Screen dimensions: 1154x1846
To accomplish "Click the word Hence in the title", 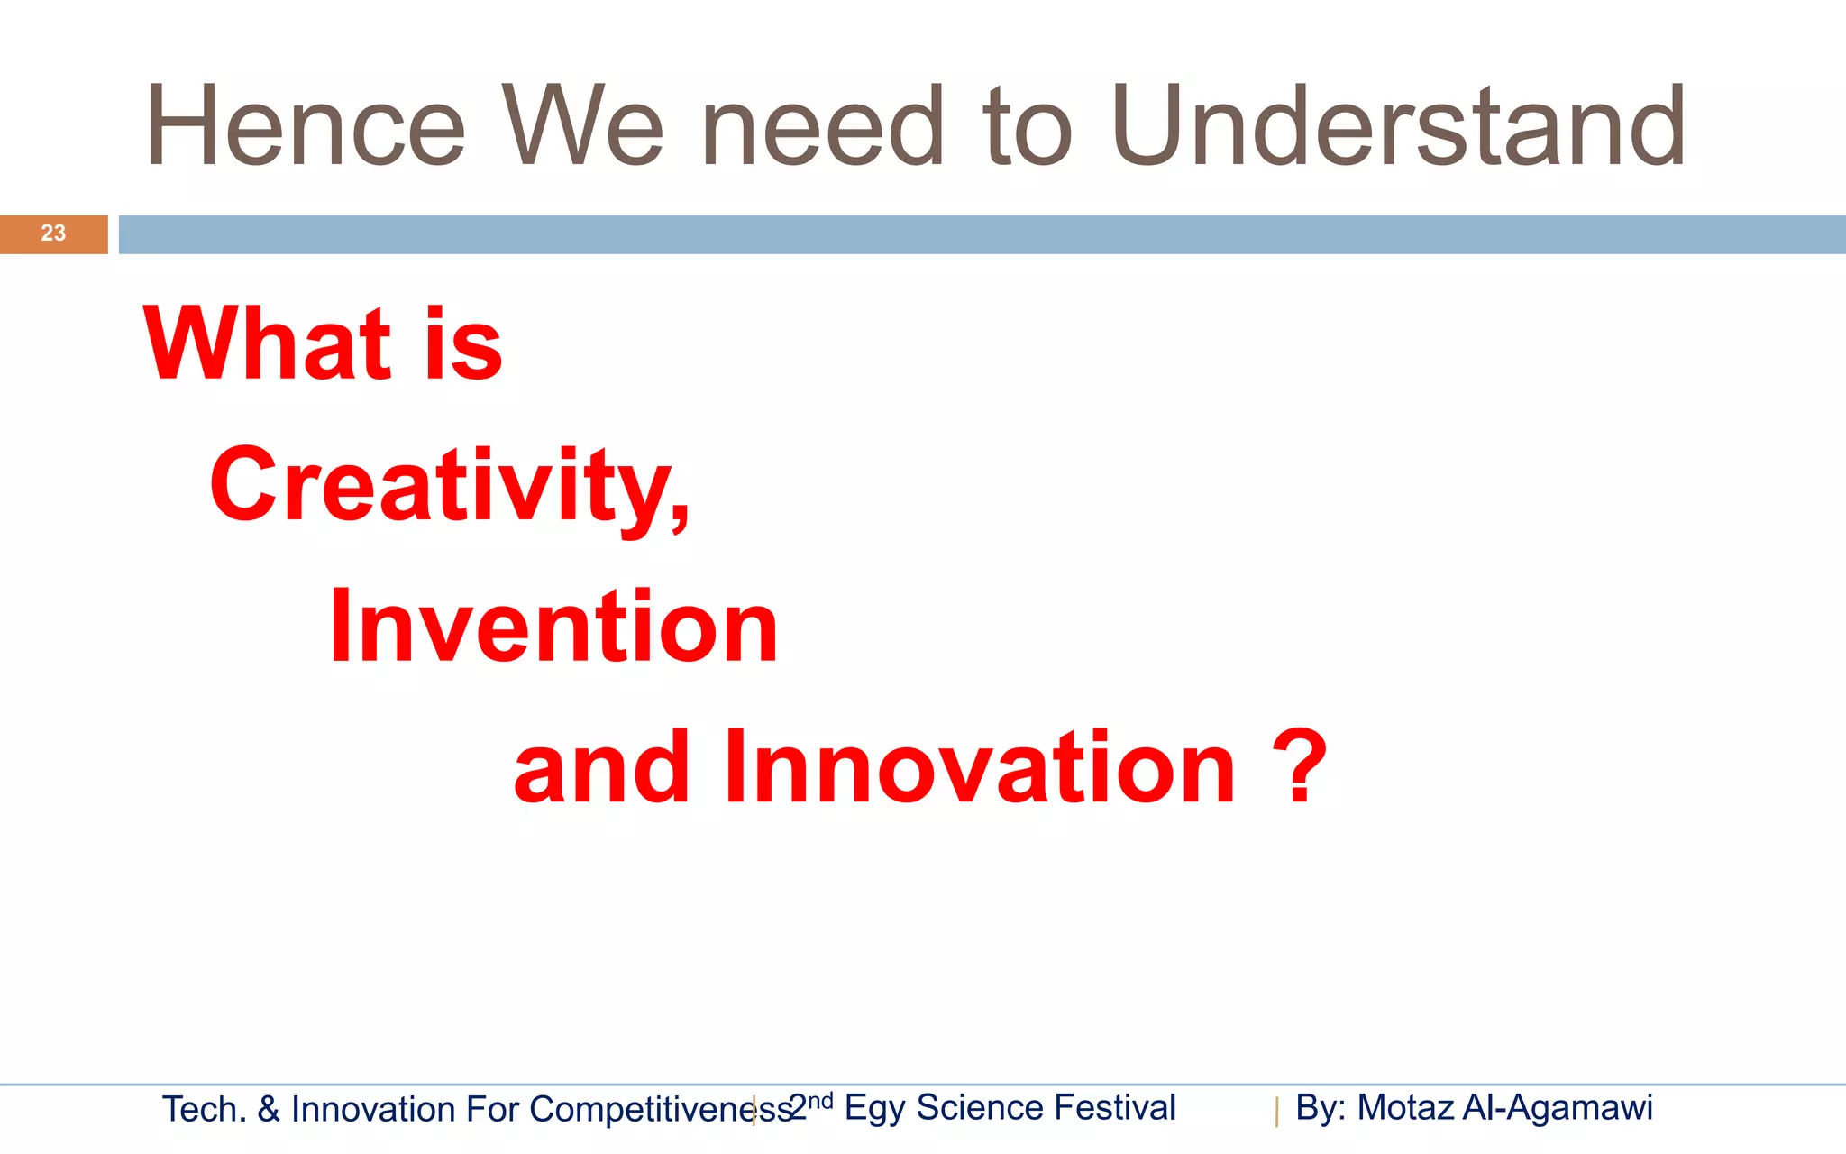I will pyautogui.click(x=305, y=126).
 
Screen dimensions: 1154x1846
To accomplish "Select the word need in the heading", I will pyautogui.click(x=822, y=126).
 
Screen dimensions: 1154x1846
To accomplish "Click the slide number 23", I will pyautogui.click(x=53, y=233).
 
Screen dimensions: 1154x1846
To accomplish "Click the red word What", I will pyautogui.click(x=267, y=343).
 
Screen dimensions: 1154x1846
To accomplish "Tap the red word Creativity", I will pyautogui.click(x=448, y=487).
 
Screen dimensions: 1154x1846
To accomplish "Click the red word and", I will pyautogui.click(x=601, y=768).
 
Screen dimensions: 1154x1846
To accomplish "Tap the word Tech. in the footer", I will pyautogui.click(x=204, y=1109).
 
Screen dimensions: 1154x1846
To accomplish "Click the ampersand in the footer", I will pyautogui.click(x=269, y=1109).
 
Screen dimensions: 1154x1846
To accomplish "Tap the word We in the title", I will pyautogui.click(x=583, y=126).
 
